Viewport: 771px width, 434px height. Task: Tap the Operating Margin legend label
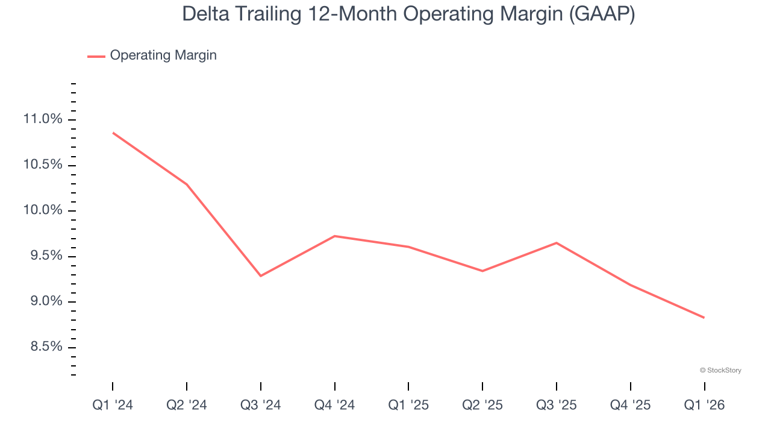[163, 55]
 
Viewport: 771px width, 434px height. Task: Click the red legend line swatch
[96, 56]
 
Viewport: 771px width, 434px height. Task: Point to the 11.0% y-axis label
[42, 119]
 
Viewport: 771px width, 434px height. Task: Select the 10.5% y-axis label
[42, 165]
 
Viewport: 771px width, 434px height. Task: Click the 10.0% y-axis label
[42, 210]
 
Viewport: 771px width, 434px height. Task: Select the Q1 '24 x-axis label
[113, 406]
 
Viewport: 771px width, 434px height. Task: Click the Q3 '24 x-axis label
[261, 406]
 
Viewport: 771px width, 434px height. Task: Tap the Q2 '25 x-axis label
[482, 406]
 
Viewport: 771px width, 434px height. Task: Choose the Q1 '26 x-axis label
[704, 406]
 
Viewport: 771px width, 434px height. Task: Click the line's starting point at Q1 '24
[113, 133]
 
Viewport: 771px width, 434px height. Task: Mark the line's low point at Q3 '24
[261, 276]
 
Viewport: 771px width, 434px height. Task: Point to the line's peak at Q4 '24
[334, 236]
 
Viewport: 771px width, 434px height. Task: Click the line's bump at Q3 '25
[556, 243]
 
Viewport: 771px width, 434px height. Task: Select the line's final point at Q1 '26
[704, 318]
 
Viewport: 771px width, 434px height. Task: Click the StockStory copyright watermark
[720, 370]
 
